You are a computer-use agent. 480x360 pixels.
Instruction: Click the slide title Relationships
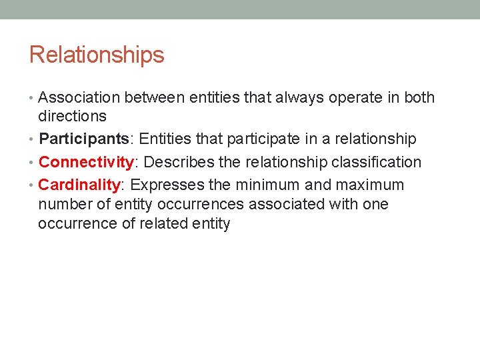pos(97,55)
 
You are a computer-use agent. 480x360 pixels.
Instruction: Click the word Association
pos(79,98)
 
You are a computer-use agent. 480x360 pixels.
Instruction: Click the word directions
pos(72,116)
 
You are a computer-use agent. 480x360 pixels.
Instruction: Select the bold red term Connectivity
pos(87,162)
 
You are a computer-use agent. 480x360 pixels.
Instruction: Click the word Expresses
pos(167,185)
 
